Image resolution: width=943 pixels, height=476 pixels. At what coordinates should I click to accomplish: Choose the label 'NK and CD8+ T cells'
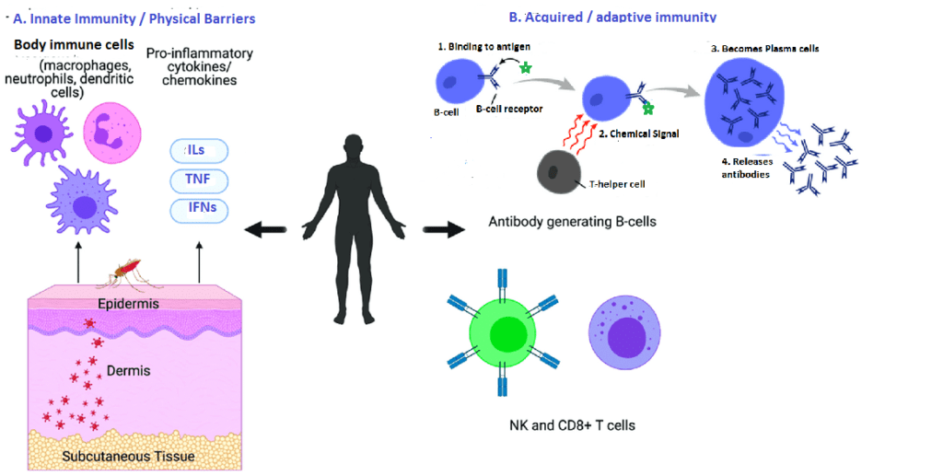[x=572, y=425]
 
